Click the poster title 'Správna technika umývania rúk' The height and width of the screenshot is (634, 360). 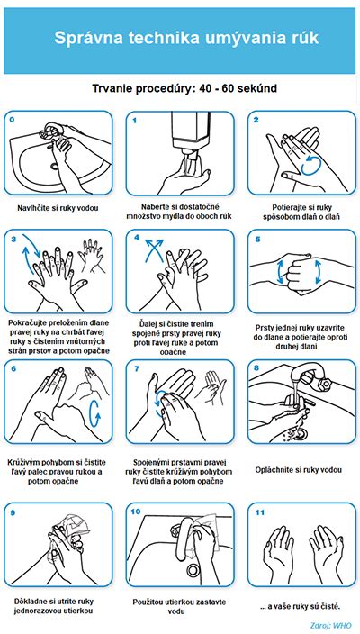click(x=186, y=38)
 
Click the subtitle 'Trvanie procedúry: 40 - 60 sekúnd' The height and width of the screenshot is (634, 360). click(x=184, y=88)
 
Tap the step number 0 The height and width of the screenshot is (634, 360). click(x=12, y=120)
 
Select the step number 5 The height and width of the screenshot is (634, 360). click(x=257, y=239)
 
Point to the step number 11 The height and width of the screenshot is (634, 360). click(x=259, y=512)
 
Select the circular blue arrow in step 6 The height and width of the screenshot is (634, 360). click(x=94, y=413)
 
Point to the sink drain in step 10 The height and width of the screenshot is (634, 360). click(x=192, y=570)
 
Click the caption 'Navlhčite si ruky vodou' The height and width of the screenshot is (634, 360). click(x=58, y=208)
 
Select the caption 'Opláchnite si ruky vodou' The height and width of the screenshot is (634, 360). click(x=299, y=470)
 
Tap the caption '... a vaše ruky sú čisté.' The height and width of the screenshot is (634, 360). click(x=301, y=606)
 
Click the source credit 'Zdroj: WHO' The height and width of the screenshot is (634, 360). click(x=331, y=625)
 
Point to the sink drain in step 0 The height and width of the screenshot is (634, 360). click(x=55, y=166)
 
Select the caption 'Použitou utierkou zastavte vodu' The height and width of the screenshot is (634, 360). click(x=179, y=606)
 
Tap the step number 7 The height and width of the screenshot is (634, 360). click(x=136, y=368)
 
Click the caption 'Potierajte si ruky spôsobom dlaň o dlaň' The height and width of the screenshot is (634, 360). click(x=301, y=212)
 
